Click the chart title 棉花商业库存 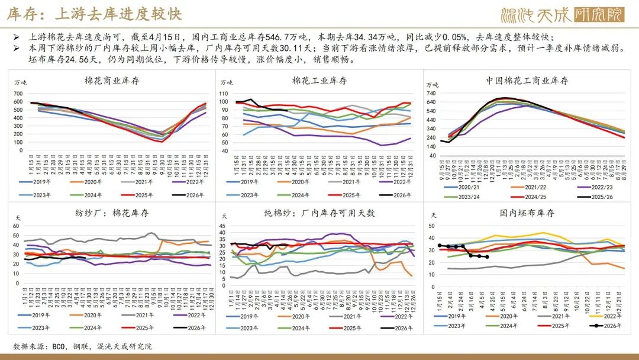click(110, 81)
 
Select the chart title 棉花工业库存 click(319, 81)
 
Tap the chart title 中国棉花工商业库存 click(527, 81)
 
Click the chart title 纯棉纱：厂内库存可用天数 click(319, 213)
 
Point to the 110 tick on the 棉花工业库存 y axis click(223, 94)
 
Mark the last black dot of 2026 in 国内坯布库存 click(487, 257)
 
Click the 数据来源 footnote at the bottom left click(82, 346)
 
